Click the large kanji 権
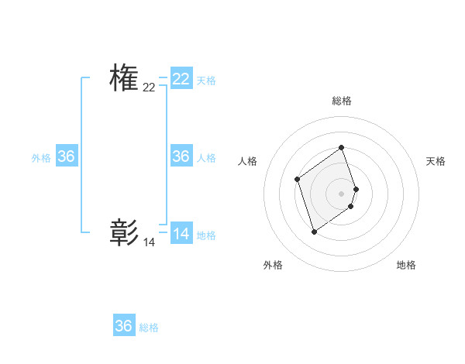coord(124,79)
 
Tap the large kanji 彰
coord(124,233)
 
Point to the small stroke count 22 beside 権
coord(149,88)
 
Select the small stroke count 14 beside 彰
coord(149,242)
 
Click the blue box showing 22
coord(181,79)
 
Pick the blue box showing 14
coord(181,233)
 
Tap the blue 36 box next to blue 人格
coord(181,156)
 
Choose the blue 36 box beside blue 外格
coord(67,156)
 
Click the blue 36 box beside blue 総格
coord(124,326)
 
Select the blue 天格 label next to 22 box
coord(206,80)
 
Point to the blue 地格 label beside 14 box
coord(206,235)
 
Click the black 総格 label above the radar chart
coord(342,101)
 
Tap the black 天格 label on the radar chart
coord(436,161)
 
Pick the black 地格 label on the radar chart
coord(406,265)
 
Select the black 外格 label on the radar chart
coord(273,265)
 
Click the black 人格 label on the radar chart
coord(248,161)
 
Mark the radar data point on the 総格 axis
coord(342,148)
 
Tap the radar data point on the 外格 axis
coord(314,231)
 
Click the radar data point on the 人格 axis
coord(298,180)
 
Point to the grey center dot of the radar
coord(342,193)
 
